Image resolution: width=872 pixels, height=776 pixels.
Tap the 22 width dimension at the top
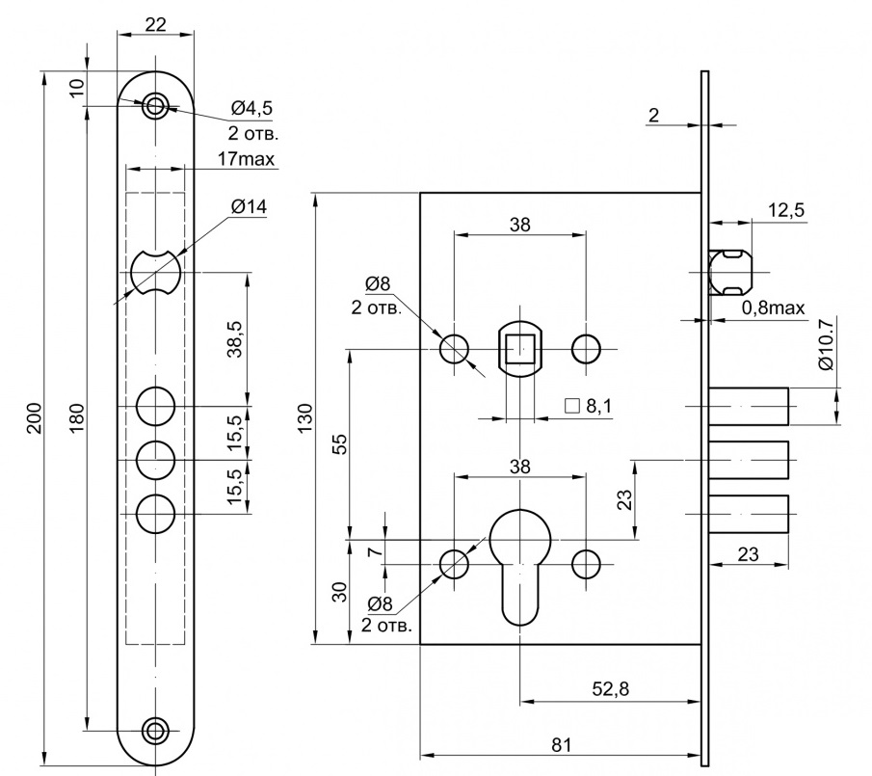155,26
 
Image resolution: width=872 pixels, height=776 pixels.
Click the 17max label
246,158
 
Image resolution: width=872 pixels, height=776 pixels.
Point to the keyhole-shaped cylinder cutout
520,564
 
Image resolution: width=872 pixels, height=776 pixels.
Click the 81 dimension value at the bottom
562,744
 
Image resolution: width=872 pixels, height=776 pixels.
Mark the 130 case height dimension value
305,417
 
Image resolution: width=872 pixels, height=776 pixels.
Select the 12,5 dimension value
786,211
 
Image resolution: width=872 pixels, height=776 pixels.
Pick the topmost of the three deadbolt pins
750,405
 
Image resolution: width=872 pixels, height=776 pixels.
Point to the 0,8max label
773,308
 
